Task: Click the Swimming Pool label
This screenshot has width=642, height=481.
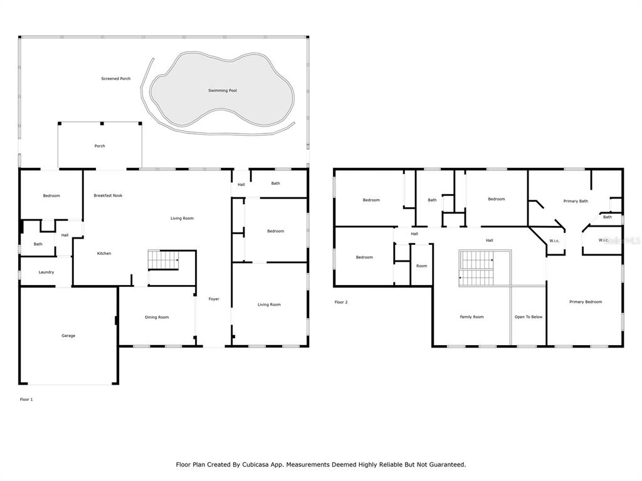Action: pyautogui.click(x=223, y=90)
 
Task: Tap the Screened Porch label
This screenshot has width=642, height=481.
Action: pyautogui.click(x=116, y=78)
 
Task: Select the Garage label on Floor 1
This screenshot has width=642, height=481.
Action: pyautogui.click(x=68, y=336)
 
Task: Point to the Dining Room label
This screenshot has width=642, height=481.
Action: pyautogui.click(x=157, y=318)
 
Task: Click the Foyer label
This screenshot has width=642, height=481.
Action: pyautogui.click(x=214, y=299)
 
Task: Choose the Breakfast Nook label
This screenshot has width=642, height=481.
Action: pyautogui.click(x=108, y=195)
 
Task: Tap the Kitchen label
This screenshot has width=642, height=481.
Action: pyautogui.click(x=104, y=254)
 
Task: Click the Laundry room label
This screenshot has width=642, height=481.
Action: pyautogui.click(x=46, y=272)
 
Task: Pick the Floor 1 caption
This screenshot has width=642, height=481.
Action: pyautogui.click(x=26, y=400)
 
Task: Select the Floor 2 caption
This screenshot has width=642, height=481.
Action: pyautogui.click(x=341, y=303)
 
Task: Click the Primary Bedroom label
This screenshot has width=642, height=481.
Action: pyautogui.click(x=586, y=302)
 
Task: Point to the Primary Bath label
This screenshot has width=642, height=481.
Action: pyautogui.click(x=576, y=201)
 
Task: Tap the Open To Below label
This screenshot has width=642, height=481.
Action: pyautogui.click(x=529, y=317)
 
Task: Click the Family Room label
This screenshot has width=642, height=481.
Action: pyautogui.click(x=471, y=317)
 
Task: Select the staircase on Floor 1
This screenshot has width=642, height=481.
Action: pyautogui.click(x=164, y=260)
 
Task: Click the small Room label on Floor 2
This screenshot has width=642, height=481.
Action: pyautogui.click(x=422, y=266)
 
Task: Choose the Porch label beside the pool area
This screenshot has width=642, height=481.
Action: pyautogui.click(x=100, y=146)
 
